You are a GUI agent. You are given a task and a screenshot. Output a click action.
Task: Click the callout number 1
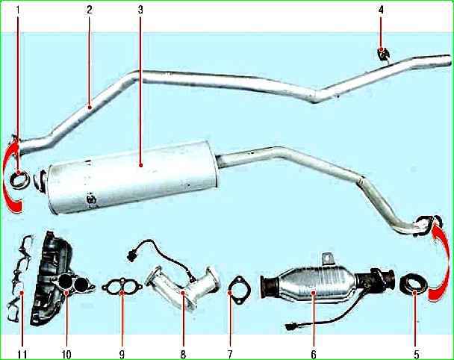(x=18, y=10)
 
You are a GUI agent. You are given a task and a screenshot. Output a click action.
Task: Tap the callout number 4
(x=381, y=10)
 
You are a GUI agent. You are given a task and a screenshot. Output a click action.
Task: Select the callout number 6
(x=314, y=354)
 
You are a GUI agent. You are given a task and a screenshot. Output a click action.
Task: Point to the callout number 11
(x=22, y=354)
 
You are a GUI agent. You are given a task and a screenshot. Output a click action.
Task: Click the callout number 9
(x=122, y=354)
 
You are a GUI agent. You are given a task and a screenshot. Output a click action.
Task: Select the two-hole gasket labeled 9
(x=122, y=287)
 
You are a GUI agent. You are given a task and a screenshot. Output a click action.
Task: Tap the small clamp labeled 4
(x=385, y=55)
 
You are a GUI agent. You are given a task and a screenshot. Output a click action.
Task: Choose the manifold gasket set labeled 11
(x=18, y=279)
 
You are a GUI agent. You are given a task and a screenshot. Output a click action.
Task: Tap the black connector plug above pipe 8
(x=131, y=255)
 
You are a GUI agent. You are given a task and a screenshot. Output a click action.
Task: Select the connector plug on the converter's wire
(x=290, y=327)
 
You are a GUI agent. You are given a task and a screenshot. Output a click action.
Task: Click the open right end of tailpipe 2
(x=447, y=60)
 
